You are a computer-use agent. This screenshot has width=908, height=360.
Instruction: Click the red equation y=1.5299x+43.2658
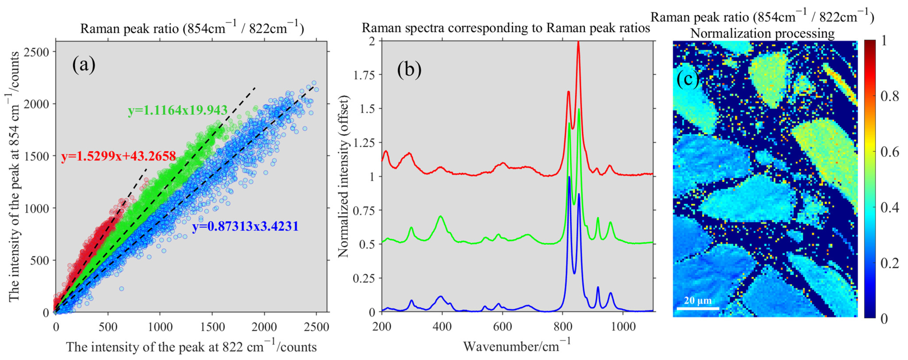click(x=118, y=156)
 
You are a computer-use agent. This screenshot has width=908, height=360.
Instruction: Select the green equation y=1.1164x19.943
click(x=177, y=110)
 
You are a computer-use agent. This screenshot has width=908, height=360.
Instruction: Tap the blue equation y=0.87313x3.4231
click(x=245, y=226)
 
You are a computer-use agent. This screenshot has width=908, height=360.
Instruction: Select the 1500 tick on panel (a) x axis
click(x=212, y=327)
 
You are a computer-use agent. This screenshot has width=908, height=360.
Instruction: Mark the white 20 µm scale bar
click(x=698, y=308)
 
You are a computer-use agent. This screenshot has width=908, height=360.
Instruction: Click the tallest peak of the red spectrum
click(x=578, y=42)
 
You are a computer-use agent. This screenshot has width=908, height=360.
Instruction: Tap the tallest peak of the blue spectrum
click(x=569, y=177)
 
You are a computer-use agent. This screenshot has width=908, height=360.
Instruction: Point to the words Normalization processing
click(x=762, y=34)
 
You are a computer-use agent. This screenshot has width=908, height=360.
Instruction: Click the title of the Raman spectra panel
click(x=506, y=28)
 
